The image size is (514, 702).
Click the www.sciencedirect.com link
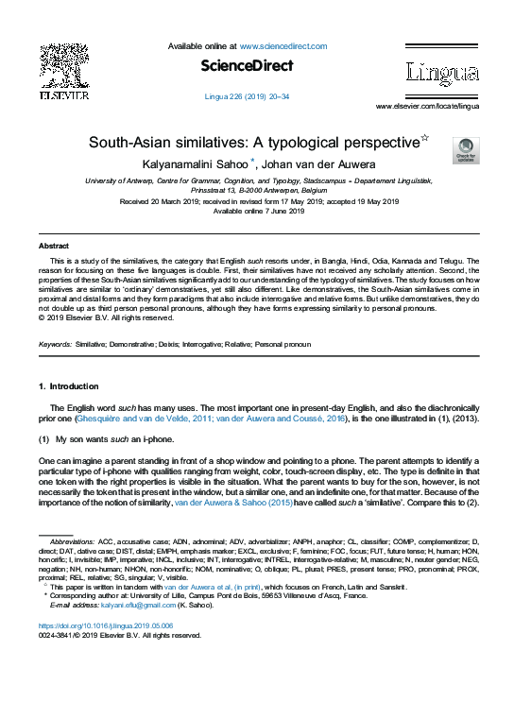pos(283,46)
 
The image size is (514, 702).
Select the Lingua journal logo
pos(441,72)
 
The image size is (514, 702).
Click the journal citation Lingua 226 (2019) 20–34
pos(248,96)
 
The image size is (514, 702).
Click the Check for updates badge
pos(466,150)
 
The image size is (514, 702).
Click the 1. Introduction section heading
pos(68,387)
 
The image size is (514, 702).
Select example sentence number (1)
pos(44,440)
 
